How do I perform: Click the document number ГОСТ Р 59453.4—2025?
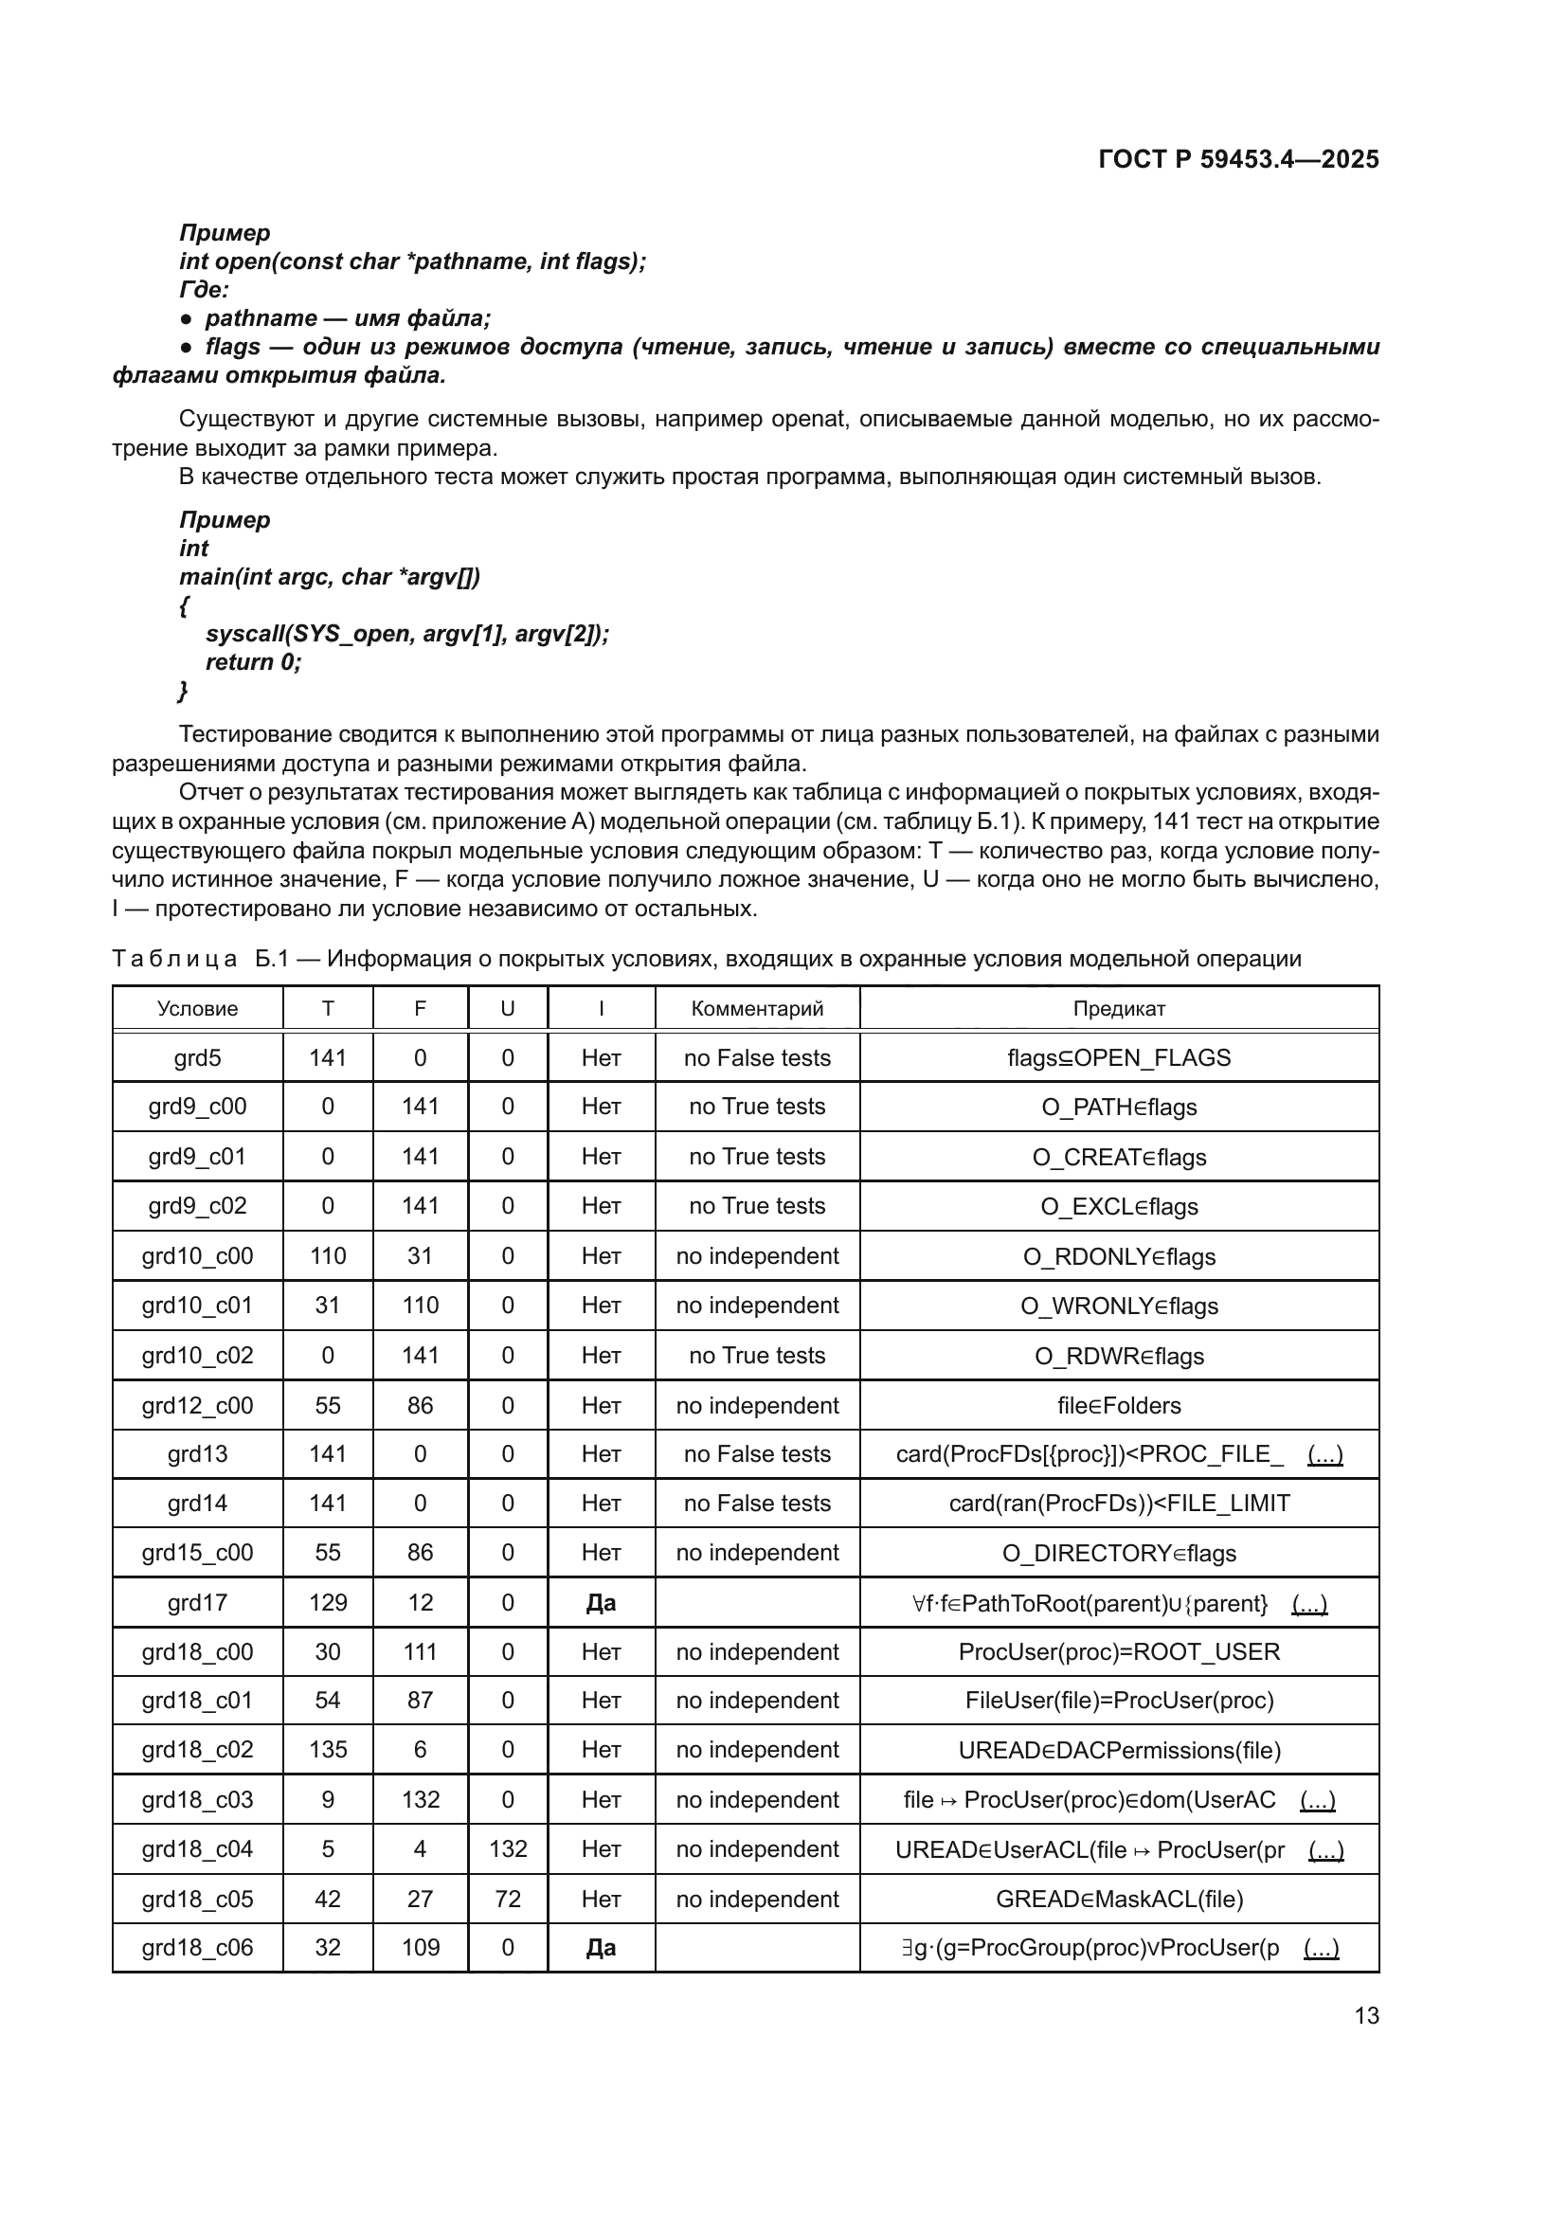pos(1238,159)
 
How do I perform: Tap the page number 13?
pos(1366,2015)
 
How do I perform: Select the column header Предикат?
pos(1118,1009)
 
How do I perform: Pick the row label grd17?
pos(197,1602)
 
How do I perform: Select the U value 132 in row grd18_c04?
pos(508,1848)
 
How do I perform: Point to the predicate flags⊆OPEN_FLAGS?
pos(1118,1058)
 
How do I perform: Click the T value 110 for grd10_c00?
pos(327,1255)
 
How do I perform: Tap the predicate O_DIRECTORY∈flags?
pos(1118,1553)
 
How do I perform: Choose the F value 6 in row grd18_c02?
pos(420,1749)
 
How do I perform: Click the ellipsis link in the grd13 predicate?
pos(1324,1453)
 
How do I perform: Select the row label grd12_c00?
pos(197,1405)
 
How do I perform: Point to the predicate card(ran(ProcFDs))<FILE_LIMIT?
pos(1118,1503)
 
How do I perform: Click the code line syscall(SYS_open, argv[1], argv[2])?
pos(407,634)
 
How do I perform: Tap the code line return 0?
pos(253,662)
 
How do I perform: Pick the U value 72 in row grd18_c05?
pos(508,1899)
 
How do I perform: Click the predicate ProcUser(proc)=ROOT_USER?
pos(1118,1651)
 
